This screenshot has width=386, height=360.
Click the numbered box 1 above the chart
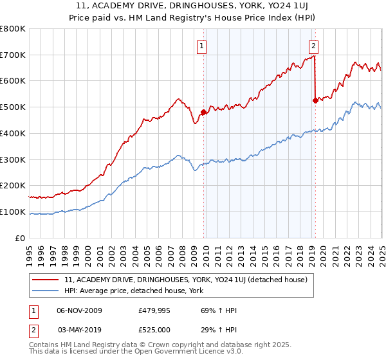tap(202, 46)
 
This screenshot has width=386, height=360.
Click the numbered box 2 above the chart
tap(313, 46)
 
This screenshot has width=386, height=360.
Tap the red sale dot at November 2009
tap(203, 112)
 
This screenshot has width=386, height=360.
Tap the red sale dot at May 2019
tap(315, 100)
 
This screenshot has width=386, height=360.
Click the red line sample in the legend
tap(46, 280)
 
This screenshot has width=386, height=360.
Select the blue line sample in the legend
tap(46, 290)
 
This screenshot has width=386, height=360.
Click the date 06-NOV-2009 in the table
tap(79, 310)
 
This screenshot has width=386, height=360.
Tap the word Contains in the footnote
tap(45, 346)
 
